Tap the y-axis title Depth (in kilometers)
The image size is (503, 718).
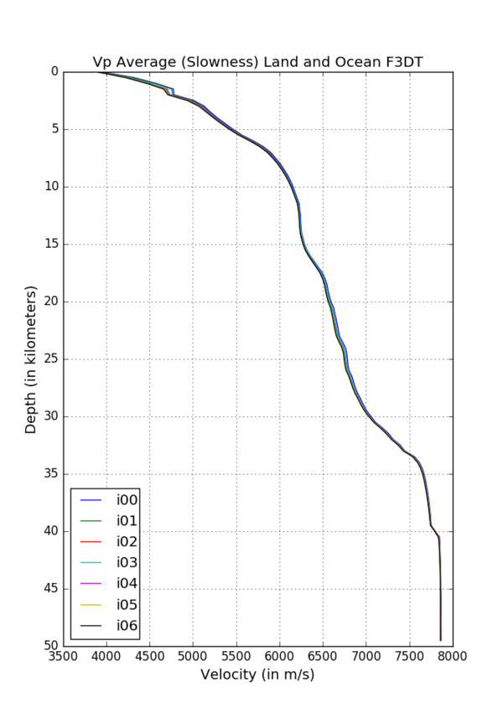31,359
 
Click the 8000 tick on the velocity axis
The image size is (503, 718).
453,655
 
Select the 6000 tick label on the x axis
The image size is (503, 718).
279,655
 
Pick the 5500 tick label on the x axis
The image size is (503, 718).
236,655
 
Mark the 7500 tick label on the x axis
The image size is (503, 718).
409,655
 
